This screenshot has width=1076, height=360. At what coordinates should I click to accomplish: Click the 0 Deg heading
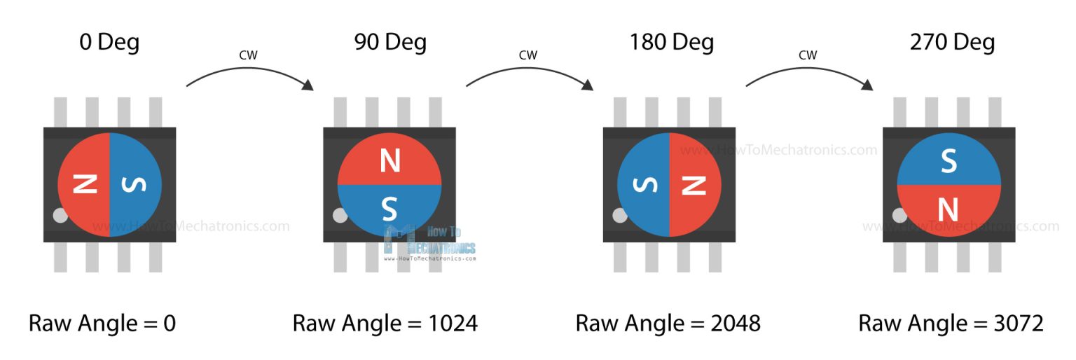(x=109, y=43)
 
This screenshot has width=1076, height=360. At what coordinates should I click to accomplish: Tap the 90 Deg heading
(x=390, y=43)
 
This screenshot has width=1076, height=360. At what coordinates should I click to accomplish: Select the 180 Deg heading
(x=672, y=43)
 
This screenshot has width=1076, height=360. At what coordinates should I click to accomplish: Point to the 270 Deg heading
(x=952, y=43)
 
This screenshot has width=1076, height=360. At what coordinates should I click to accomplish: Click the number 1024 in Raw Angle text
(x=453, y=324)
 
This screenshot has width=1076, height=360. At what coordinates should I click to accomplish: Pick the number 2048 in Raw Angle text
(x=736, y=324)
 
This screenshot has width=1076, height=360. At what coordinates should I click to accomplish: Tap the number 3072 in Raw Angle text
(x=1019, y=324)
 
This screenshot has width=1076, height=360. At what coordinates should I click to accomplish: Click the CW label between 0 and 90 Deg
(x=249, y=55)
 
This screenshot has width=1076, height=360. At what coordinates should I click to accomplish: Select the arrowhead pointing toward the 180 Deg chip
(x=587, y=85)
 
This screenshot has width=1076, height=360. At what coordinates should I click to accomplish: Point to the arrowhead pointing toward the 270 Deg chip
(x=867, y=85)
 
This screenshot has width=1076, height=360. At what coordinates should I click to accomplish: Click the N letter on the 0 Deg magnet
(x=85, y=184)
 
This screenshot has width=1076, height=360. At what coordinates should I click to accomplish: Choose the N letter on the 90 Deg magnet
(x=390, y=160)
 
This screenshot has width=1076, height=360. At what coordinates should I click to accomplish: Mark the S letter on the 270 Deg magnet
(x=949, y=161)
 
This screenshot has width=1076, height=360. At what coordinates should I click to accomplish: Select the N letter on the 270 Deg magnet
(x=949, y=209)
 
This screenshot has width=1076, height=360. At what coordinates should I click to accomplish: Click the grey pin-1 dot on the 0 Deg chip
(x=60, y=215)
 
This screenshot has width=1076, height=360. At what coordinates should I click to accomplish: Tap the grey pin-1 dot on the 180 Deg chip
(x=620, y=215)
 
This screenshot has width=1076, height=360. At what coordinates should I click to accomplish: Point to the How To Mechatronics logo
(x=429, y=243)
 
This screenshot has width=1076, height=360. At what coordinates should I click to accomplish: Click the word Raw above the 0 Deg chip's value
(x=50, y=324)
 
